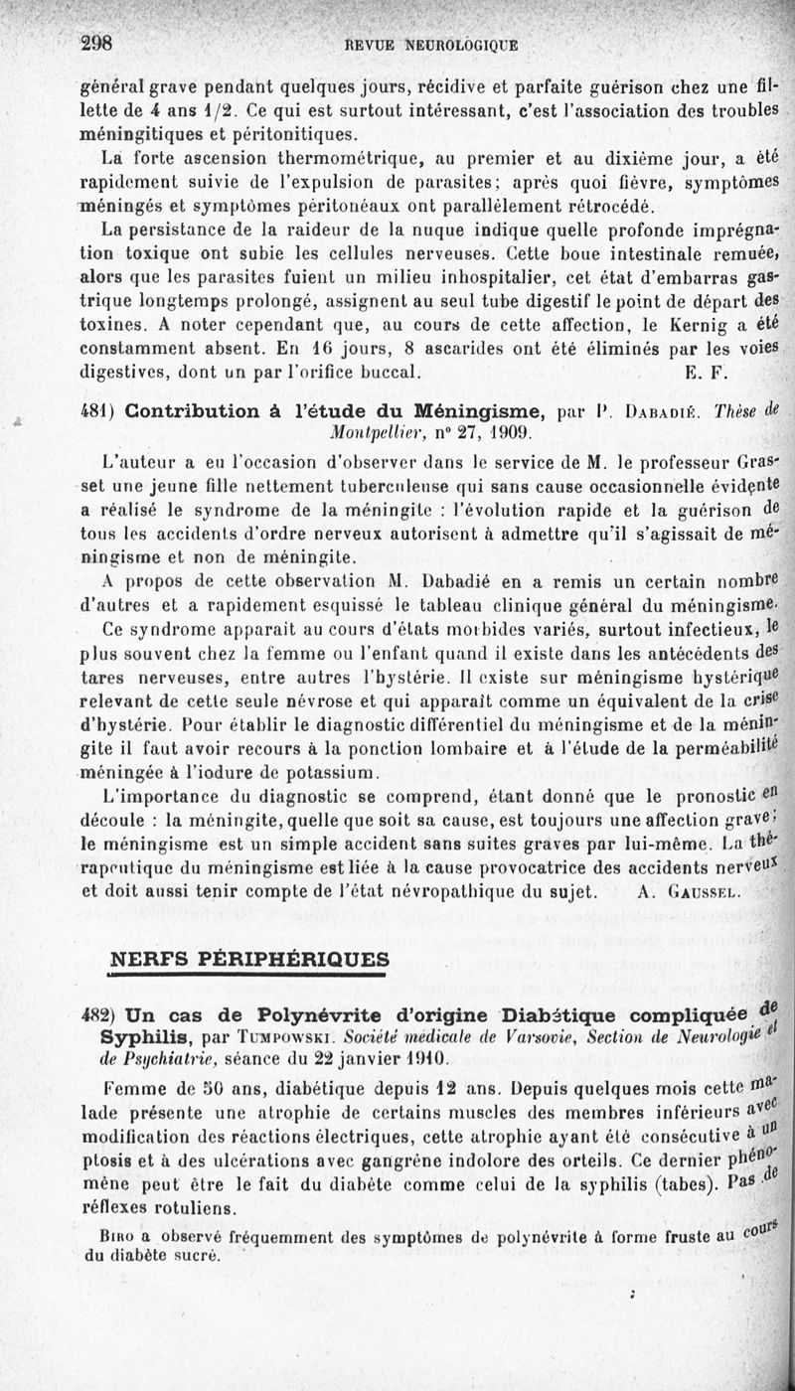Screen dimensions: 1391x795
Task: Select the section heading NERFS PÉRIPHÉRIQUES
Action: click(x=249, y=959)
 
